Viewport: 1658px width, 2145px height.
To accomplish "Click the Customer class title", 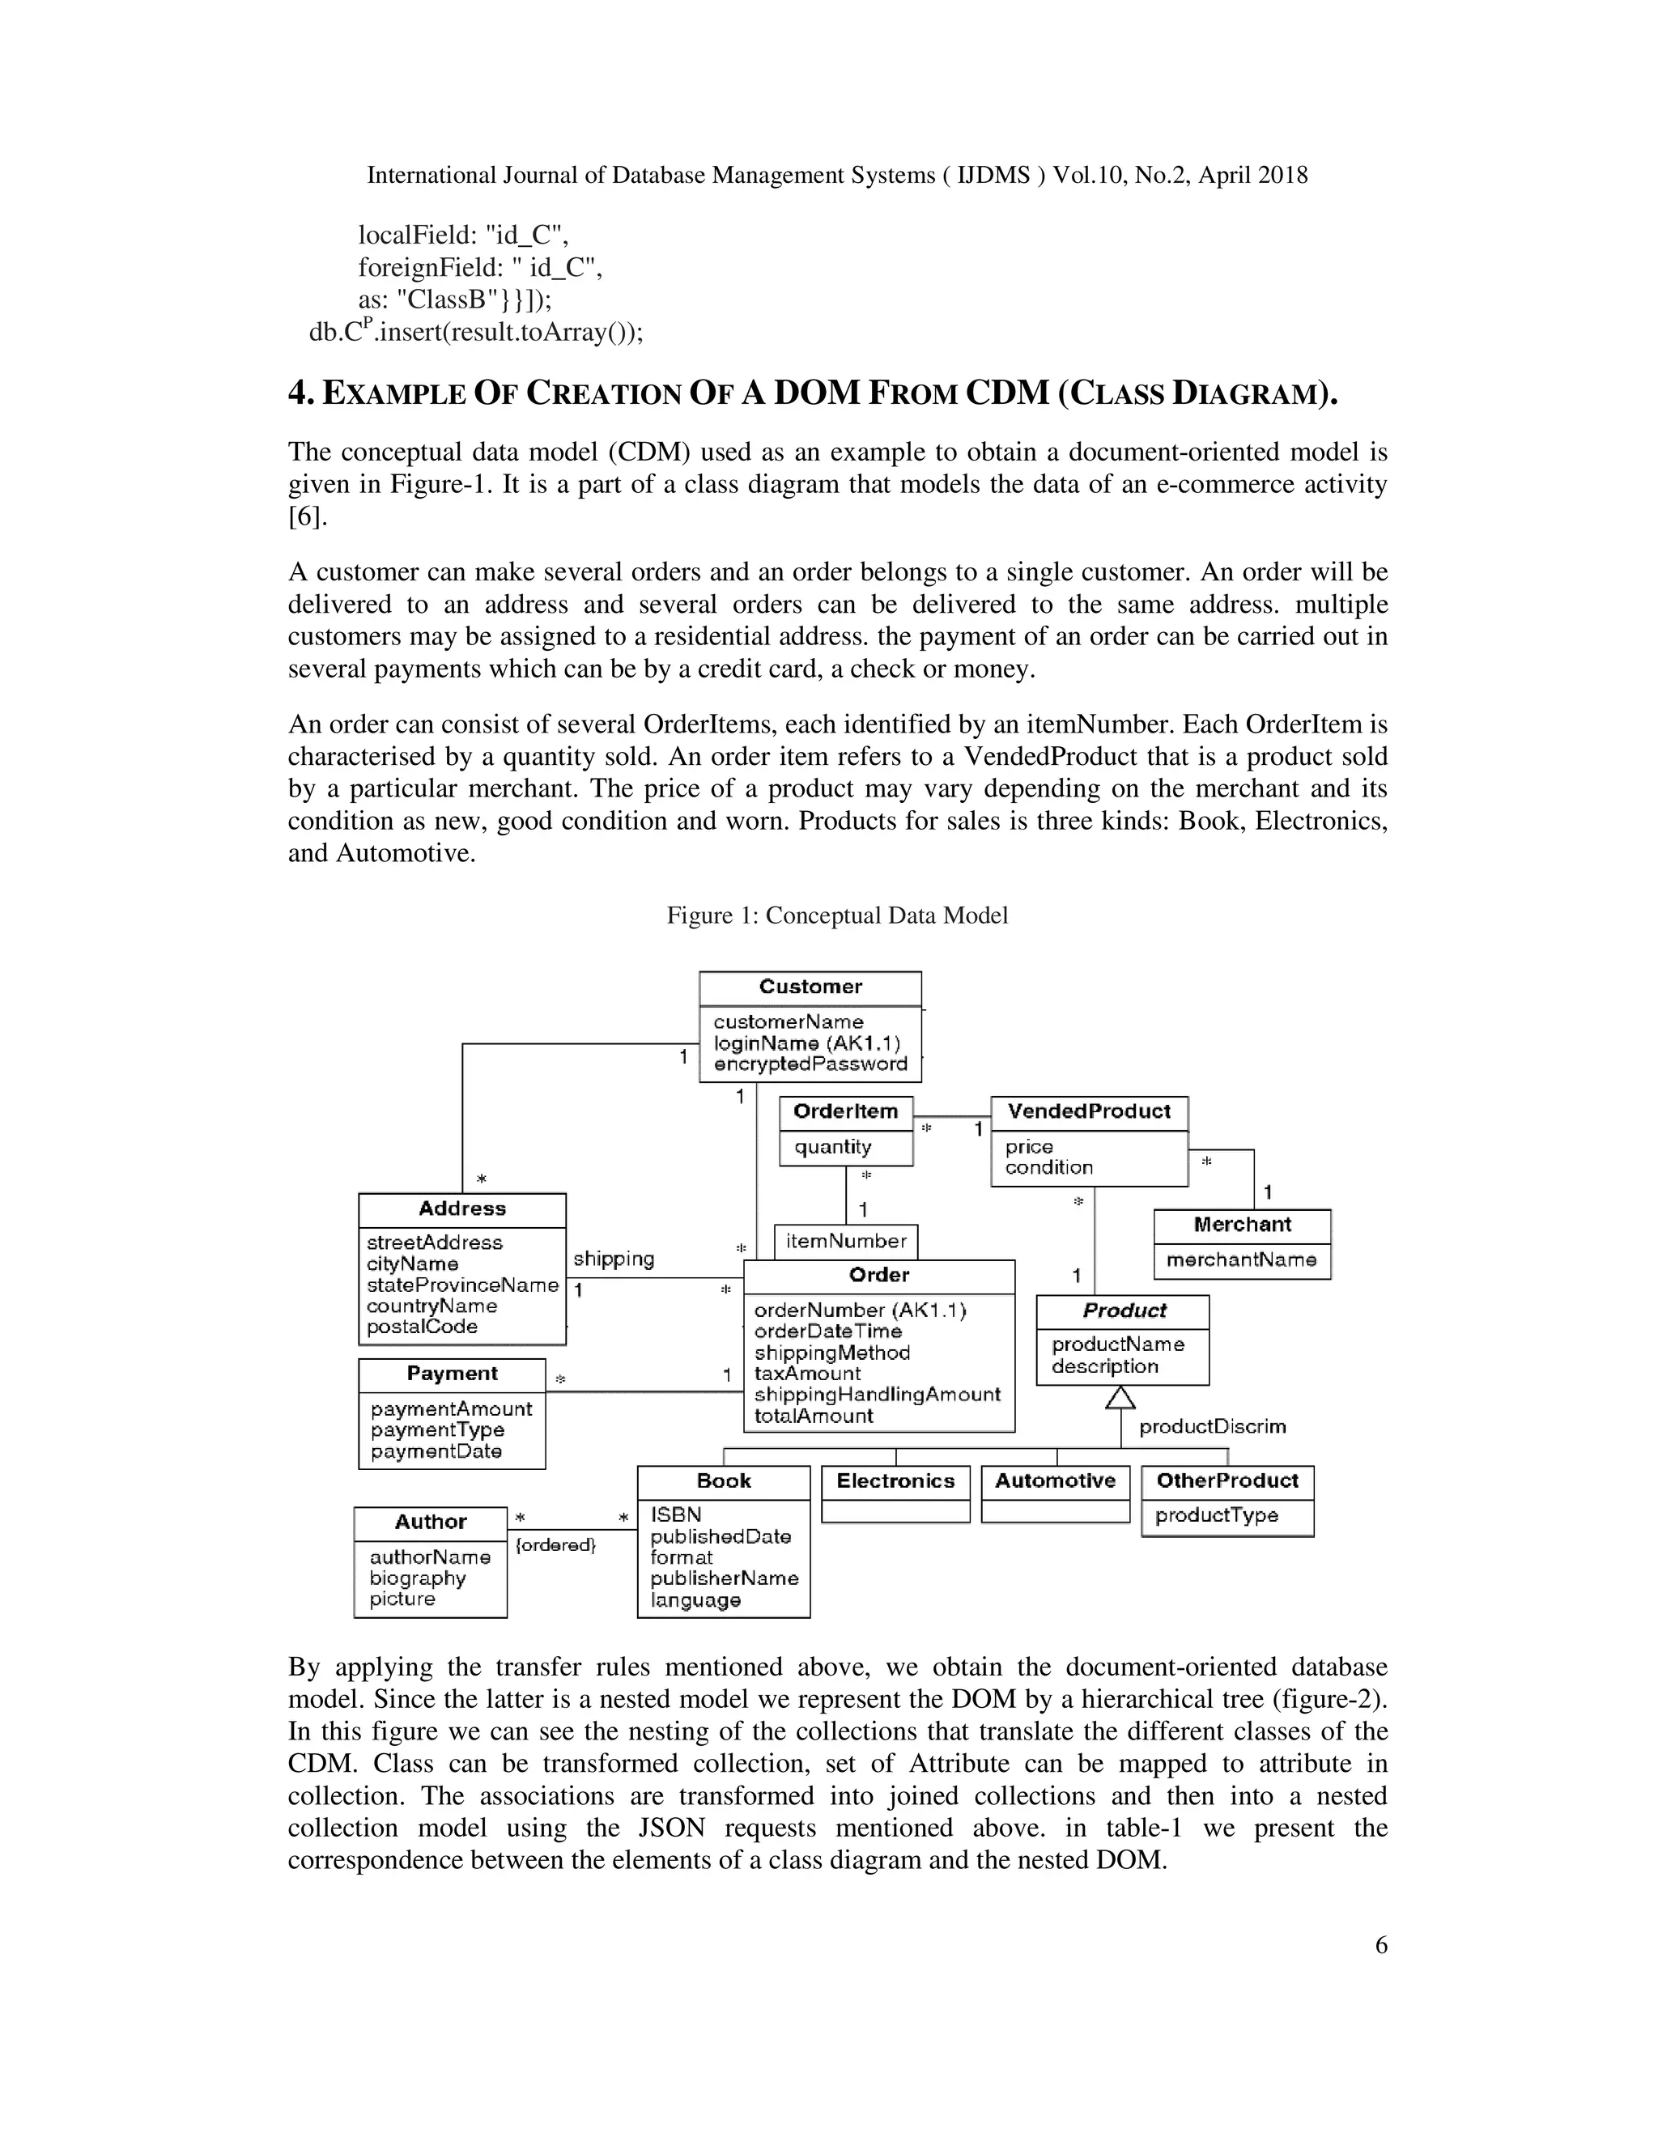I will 810,986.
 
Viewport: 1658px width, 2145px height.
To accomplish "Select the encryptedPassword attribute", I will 810,1064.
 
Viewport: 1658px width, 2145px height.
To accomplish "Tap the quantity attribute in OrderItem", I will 833,1146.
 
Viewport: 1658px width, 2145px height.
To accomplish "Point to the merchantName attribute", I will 1242,1259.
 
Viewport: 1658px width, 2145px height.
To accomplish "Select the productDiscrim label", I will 1212,1426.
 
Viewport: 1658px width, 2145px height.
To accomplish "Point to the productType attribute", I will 1216,1514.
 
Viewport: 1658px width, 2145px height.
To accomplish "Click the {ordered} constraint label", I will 556,1545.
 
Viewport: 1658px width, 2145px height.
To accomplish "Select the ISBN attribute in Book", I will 676,1514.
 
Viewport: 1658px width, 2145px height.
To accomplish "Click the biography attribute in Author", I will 418,1578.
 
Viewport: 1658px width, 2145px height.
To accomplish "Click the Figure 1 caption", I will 837,915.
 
